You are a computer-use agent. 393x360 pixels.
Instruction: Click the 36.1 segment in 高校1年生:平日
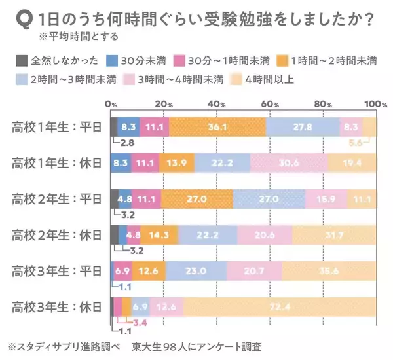click(x=217, y=127)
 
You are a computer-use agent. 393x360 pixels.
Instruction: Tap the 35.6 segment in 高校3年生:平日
click(x=329, y=270)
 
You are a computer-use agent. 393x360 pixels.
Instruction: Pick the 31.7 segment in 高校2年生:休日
click(x=335, y=234)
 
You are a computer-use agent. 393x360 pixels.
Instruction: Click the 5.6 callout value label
click(x=355, y=143)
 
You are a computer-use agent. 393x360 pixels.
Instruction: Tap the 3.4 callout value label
click(x=138, y=323)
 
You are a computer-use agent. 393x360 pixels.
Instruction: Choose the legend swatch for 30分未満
click(x=113, y=62)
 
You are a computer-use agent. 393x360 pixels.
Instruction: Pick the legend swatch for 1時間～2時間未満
click(x=283, y=62)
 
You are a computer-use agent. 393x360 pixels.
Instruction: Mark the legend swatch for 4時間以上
click(x=238, y=81)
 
